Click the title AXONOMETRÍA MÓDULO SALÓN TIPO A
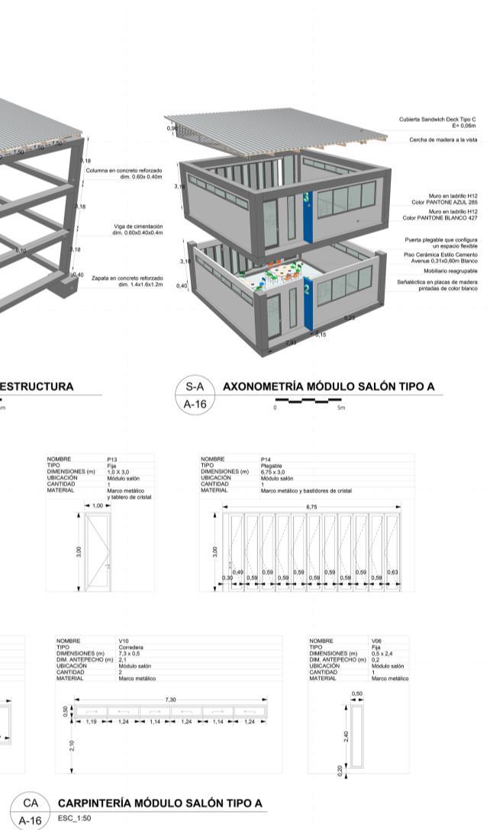click(328, 386)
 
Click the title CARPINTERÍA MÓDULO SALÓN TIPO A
click(160, 803)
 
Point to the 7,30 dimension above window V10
click(170, 699)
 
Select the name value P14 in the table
click(266, 460)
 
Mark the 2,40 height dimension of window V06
click(346, 736)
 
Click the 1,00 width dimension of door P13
click(97, 505)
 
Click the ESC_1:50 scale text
click(74, 819)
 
